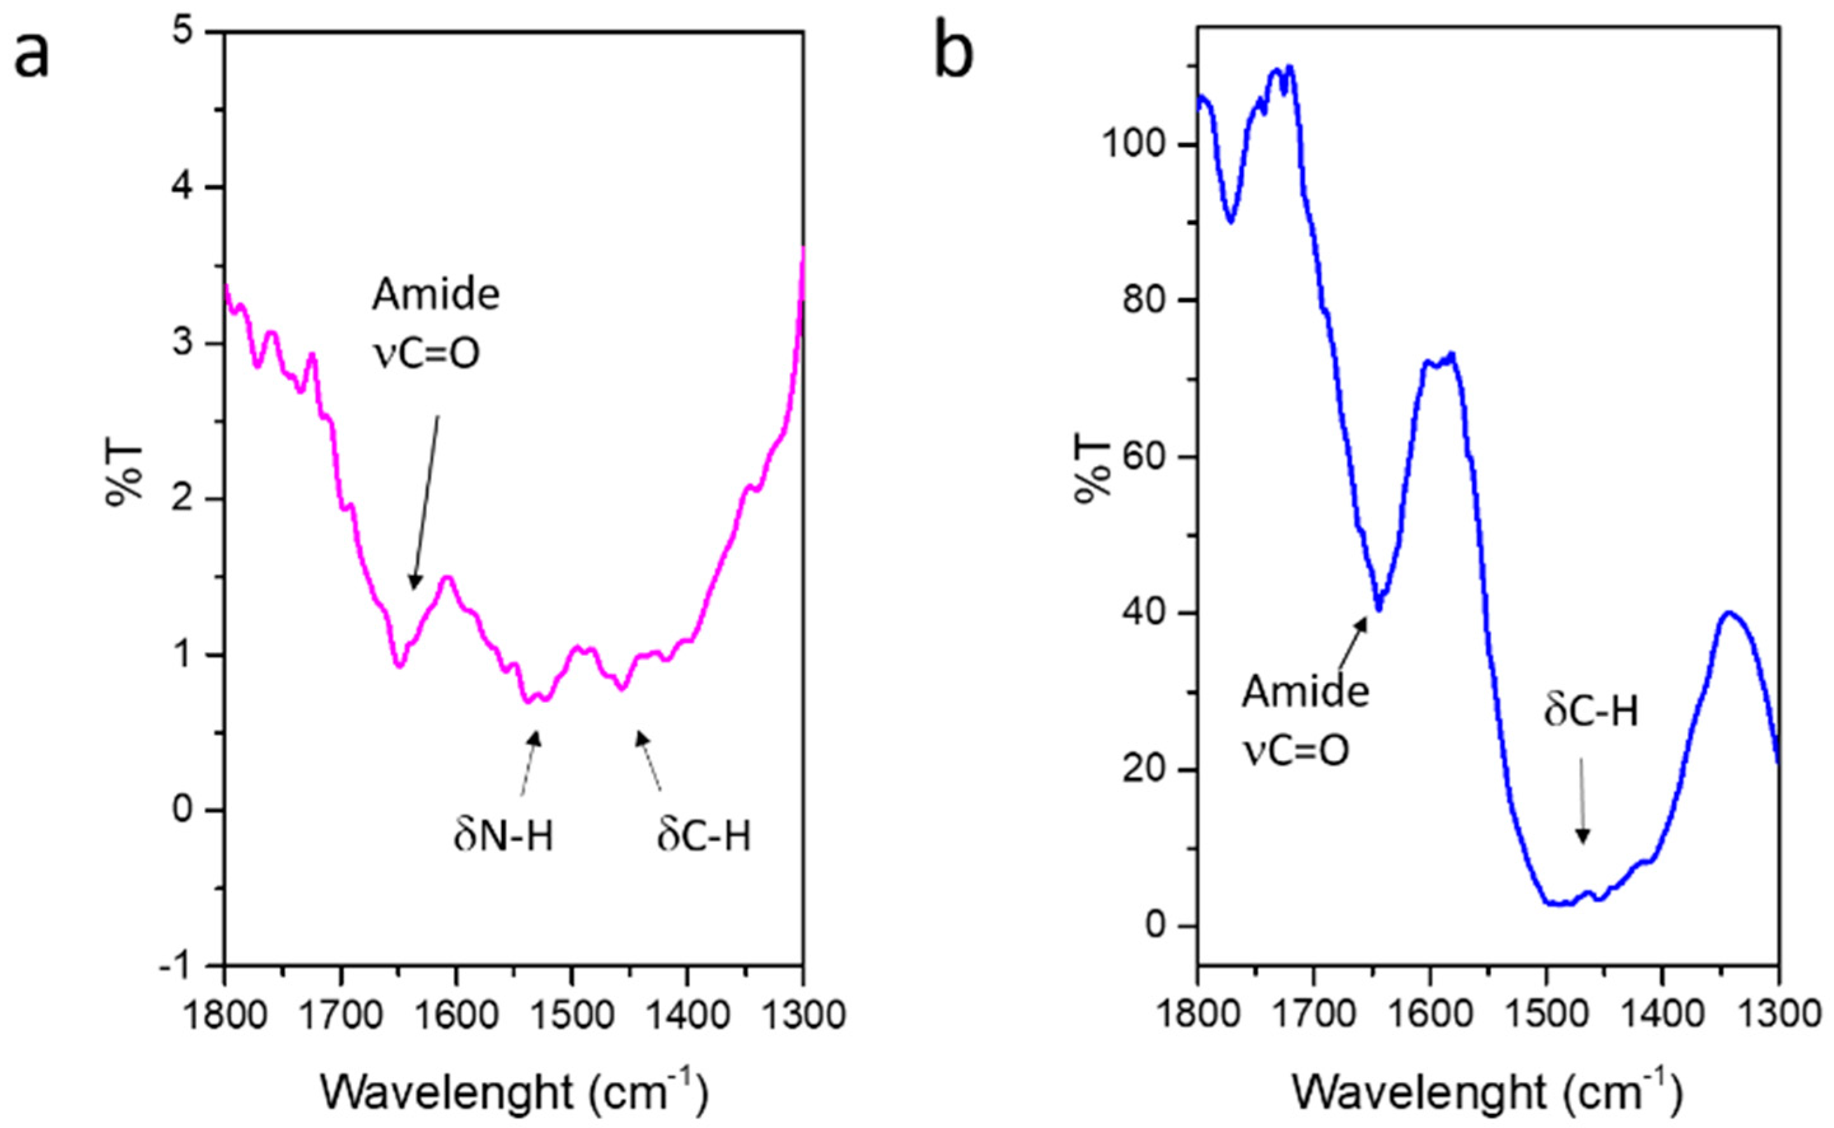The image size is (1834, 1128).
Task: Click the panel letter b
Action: (x=954, y=56)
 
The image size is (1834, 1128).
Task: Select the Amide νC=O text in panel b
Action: (x=1305, y=721)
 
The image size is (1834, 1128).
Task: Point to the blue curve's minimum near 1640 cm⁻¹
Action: (x=1379, y=609)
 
